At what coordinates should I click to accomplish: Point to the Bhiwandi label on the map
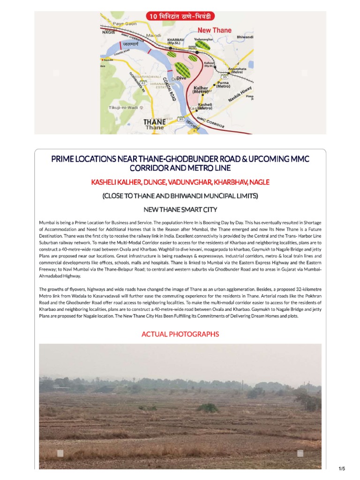click(x=245, y=37)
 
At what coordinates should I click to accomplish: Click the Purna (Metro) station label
click(x=223, y=84)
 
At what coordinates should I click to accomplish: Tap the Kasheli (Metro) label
click(x=205, y=106)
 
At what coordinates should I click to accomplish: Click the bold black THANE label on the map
click(x=154, y=122)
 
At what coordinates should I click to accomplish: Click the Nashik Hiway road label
click(x=240, y=95)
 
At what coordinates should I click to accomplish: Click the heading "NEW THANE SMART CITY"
click(x=180, y=209)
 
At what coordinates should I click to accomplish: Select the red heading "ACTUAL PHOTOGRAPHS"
click(x=180, y=334)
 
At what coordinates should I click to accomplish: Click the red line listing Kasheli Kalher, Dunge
click(x=180, y=182)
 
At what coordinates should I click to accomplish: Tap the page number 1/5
click(x=341, y=469)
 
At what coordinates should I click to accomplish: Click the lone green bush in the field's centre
click(x=207, y=408)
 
